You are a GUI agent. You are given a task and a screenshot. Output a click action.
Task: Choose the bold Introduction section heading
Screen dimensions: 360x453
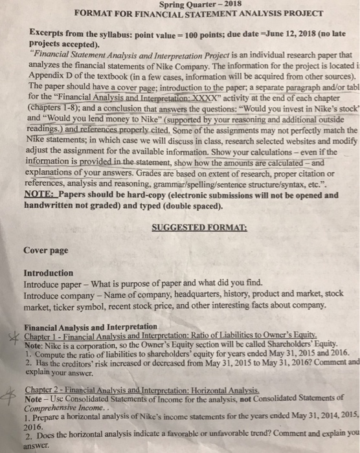pos(48,273)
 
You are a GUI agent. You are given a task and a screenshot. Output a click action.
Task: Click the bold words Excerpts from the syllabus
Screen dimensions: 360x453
pos(77,30)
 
